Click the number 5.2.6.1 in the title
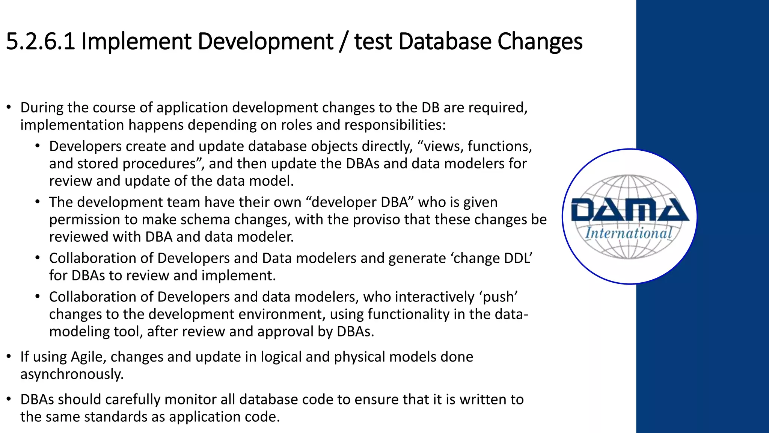(41, 41)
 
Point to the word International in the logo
(629, 233)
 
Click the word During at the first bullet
(42, 107)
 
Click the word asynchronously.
(72, 374)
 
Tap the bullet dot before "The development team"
(38, 202)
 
